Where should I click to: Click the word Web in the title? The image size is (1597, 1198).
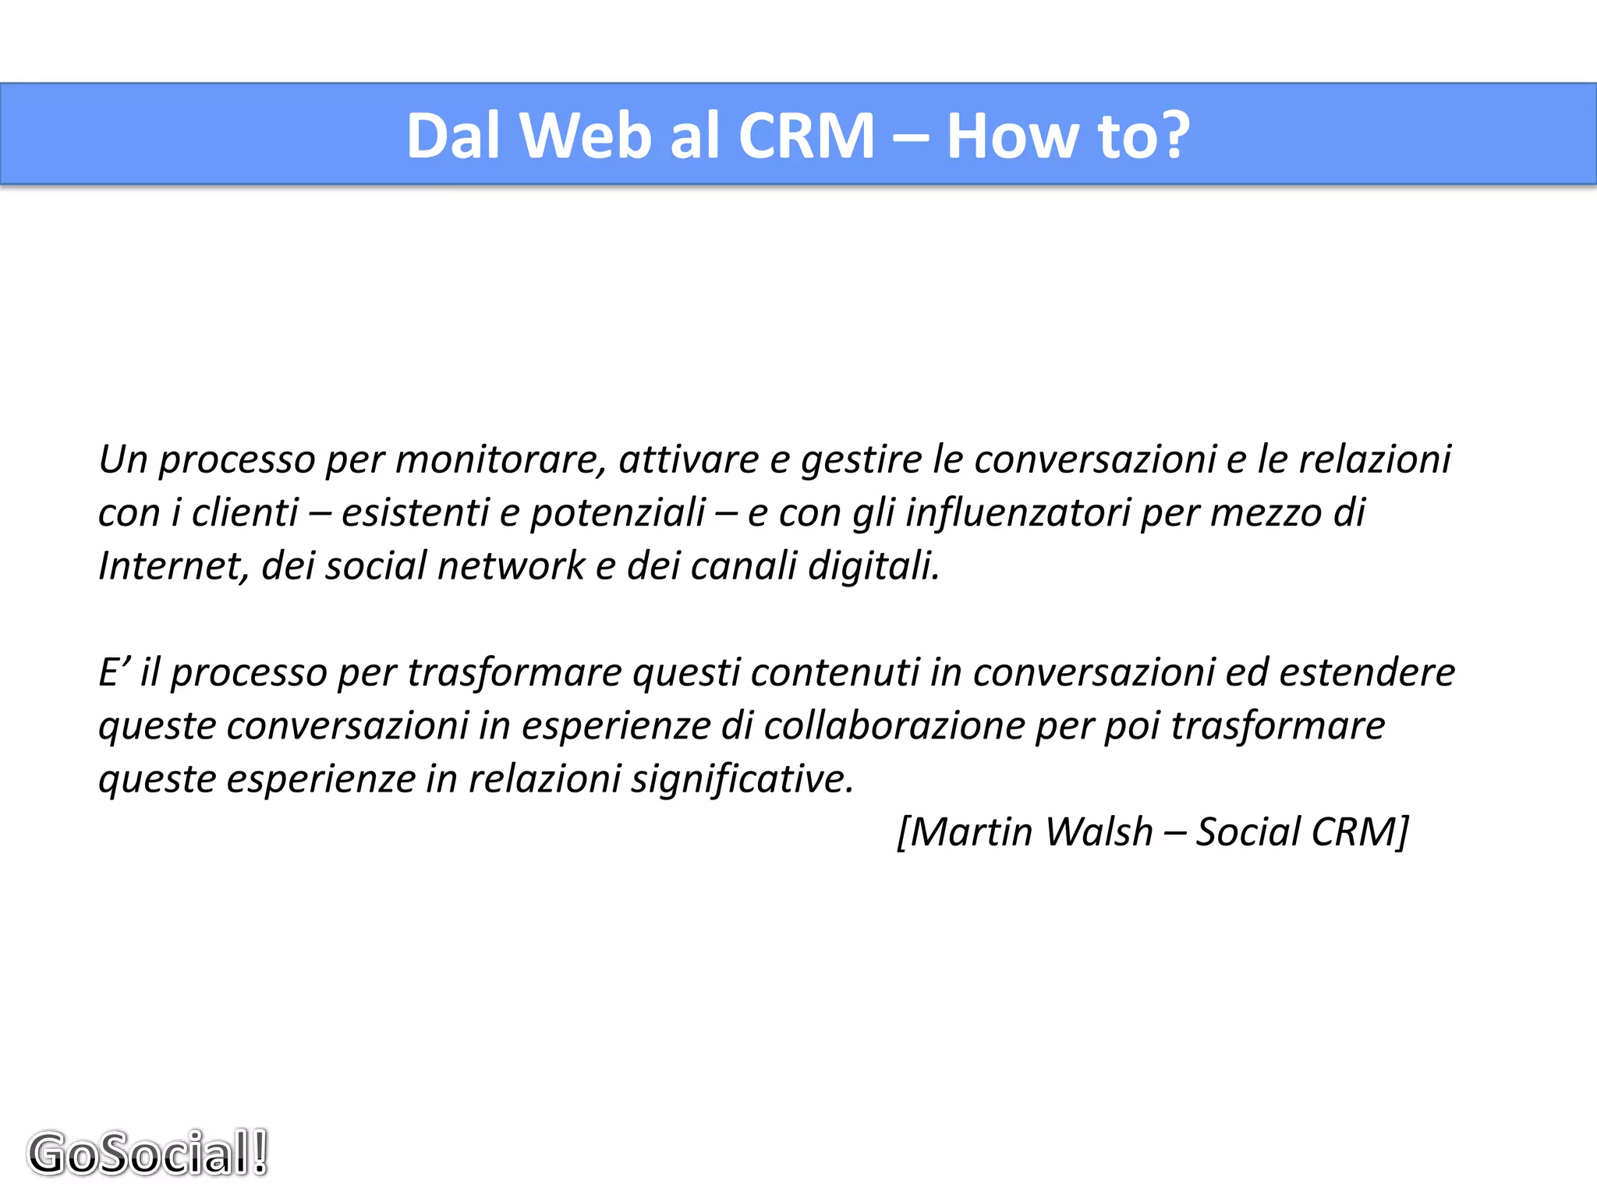tap(584, 136)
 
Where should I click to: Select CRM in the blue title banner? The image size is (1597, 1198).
tap(806, 136)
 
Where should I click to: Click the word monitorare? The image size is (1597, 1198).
tap(500, 459)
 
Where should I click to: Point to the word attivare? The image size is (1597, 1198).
tap(689, 459)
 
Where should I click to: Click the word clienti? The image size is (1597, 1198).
tap(245, 512)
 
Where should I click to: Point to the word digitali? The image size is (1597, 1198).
tap(873, 565)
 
